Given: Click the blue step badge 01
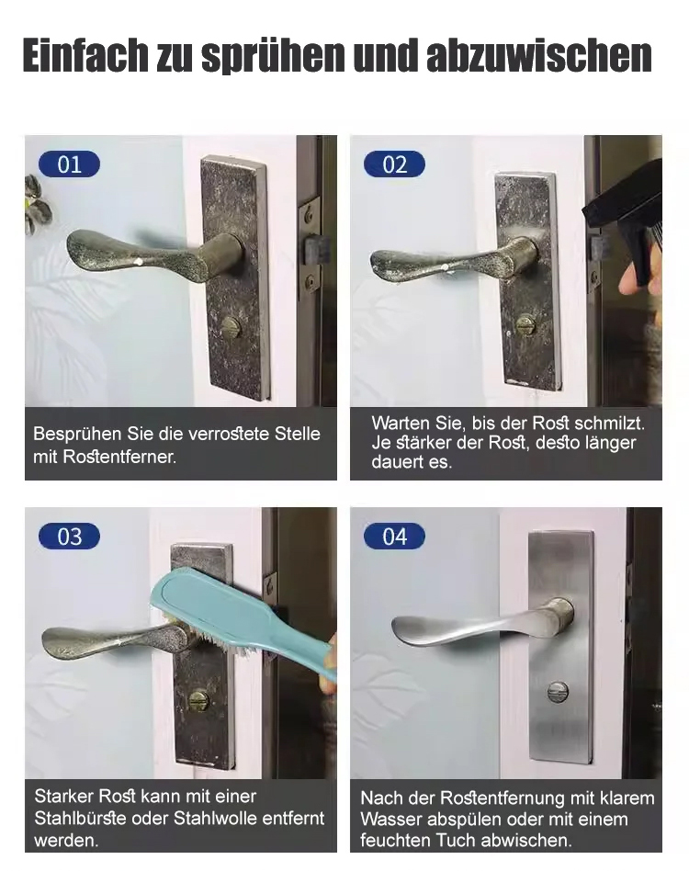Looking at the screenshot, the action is click(70, 164).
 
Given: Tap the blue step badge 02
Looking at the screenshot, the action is click(394, 164).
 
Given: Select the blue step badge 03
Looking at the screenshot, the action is click(70, 537).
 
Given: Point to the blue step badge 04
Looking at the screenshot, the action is click(394, 537).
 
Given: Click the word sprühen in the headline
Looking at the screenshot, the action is click(273, 55).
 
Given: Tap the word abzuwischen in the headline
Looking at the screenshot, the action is click(539, 55).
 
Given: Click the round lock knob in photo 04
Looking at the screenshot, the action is click(558, 692).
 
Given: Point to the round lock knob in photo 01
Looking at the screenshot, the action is click(232, 328).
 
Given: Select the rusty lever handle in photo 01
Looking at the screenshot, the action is click(155, 255).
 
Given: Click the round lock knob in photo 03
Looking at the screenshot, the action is click(197, 699).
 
